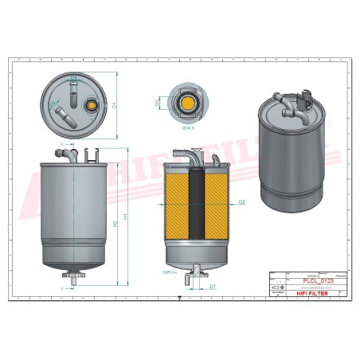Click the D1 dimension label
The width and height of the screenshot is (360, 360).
pos(115,104)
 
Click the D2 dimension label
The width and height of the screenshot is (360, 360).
pos(241,203)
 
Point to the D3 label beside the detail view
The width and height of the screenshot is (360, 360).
pos(157,103)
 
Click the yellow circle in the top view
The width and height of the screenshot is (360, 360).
pos(90,103)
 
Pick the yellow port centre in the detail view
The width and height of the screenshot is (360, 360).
pos(188,103)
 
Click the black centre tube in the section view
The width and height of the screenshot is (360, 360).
pos(196,211)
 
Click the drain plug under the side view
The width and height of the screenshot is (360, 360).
pos(76,278)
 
